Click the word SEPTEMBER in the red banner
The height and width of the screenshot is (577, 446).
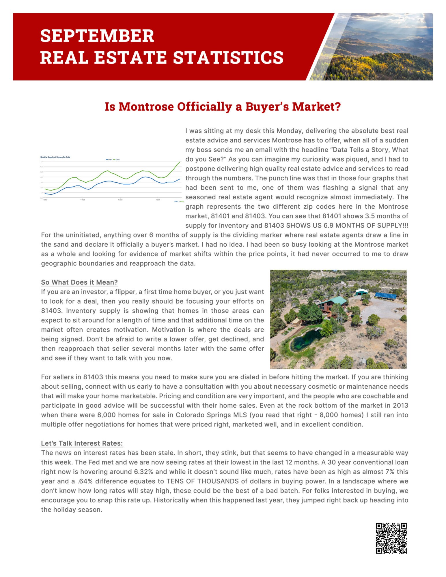97,36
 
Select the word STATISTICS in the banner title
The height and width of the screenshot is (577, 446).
228,57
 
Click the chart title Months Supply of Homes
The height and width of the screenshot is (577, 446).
55,157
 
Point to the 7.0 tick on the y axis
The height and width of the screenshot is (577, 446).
42,162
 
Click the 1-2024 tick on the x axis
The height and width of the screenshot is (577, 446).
120,200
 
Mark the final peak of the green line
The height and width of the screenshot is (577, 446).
180,162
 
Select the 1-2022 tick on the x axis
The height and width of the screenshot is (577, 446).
45,200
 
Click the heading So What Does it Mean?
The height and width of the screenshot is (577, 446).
79,282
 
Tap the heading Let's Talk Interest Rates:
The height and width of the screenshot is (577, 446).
82,443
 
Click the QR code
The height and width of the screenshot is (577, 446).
391,538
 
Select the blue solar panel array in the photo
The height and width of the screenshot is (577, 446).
386,295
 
